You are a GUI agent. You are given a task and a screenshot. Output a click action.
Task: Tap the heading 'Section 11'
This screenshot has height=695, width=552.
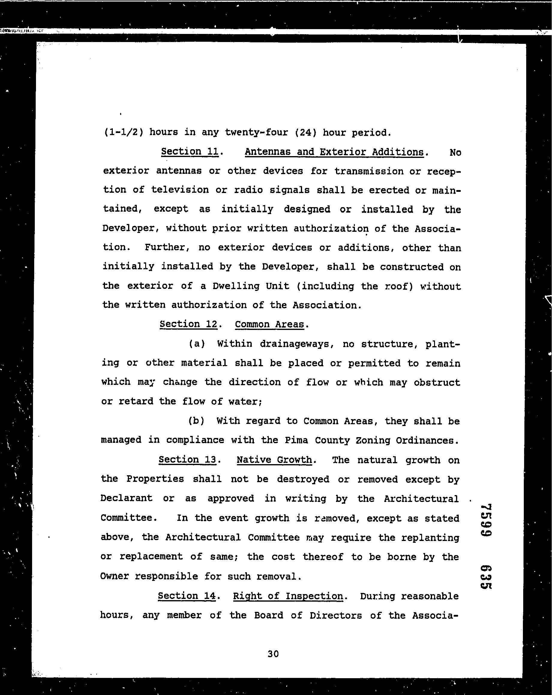click(x=190, y=151)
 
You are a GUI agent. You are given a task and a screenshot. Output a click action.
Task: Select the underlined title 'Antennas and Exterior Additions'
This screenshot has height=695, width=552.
click(x=334, y=152)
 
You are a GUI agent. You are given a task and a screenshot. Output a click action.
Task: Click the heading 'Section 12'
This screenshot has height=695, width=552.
click(x=188, y=324)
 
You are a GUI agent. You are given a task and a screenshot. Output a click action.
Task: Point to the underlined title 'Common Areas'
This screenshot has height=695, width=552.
click(x=269, y=324)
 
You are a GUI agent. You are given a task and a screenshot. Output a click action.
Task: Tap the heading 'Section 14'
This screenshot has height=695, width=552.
click(x=186, y=596)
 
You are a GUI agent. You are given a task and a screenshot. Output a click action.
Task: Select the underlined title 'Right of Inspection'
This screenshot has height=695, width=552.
click(x=288, y=596)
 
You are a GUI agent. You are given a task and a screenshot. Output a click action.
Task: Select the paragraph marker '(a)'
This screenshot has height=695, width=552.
click(x=197, y=344)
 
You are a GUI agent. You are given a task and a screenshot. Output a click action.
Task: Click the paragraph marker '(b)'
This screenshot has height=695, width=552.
click(x=196, y=421)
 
